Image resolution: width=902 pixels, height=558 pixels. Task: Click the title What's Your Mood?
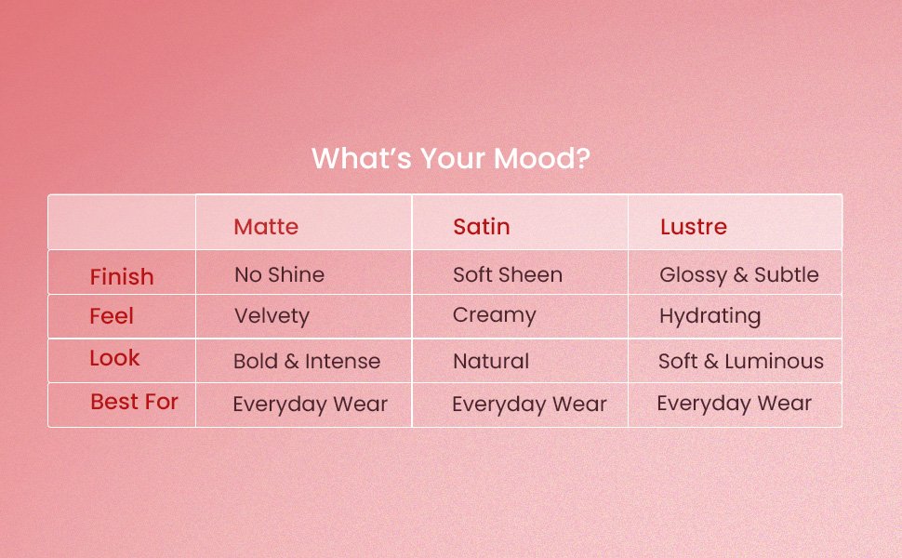point(450,158)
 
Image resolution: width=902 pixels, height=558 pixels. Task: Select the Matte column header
point(266,227)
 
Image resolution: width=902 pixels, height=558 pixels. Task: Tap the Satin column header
point(482,227)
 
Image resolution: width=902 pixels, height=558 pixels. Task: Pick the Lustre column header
point(693,227)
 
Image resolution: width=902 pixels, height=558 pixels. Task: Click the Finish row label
point(122,277)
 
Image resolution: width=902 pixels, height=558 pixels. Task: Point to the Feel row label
point(112,316)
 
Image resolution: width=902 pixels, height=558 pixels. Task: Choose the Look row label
point(114,358)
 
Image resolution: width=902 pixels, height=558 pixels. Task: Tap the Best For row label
point(134,402)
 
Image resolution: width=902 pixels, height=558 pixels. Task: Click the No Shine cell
point(280,274)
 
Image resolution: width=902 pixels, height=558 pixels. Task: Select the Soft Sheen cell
point(508,274)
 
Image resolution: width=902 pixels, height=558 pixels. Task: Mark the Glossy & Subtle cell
point(738,275)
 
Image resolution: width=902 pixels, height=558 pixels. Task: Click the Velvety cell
point(272,316)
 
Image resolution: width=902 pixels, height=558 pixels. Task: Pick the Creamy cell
point(494,315)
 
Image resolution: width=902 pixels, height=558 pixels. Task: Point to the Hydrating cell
point(710,316)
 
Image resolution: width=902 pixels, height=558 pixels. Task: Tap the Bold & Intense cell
point(307,361)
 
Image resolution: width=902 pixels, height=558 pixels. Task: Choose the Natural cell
point(491,361)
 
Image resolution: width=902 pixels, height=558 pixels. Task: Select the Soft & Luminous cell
point(741,361)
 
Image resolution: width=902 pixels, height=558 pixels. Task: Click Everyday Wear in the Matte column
point(310,405)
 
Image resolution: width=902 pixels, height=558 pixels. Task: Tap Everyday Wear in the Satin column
point(529,405)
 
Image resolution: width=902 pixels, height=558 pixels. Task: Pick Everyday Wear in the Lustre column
point(734,404)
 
